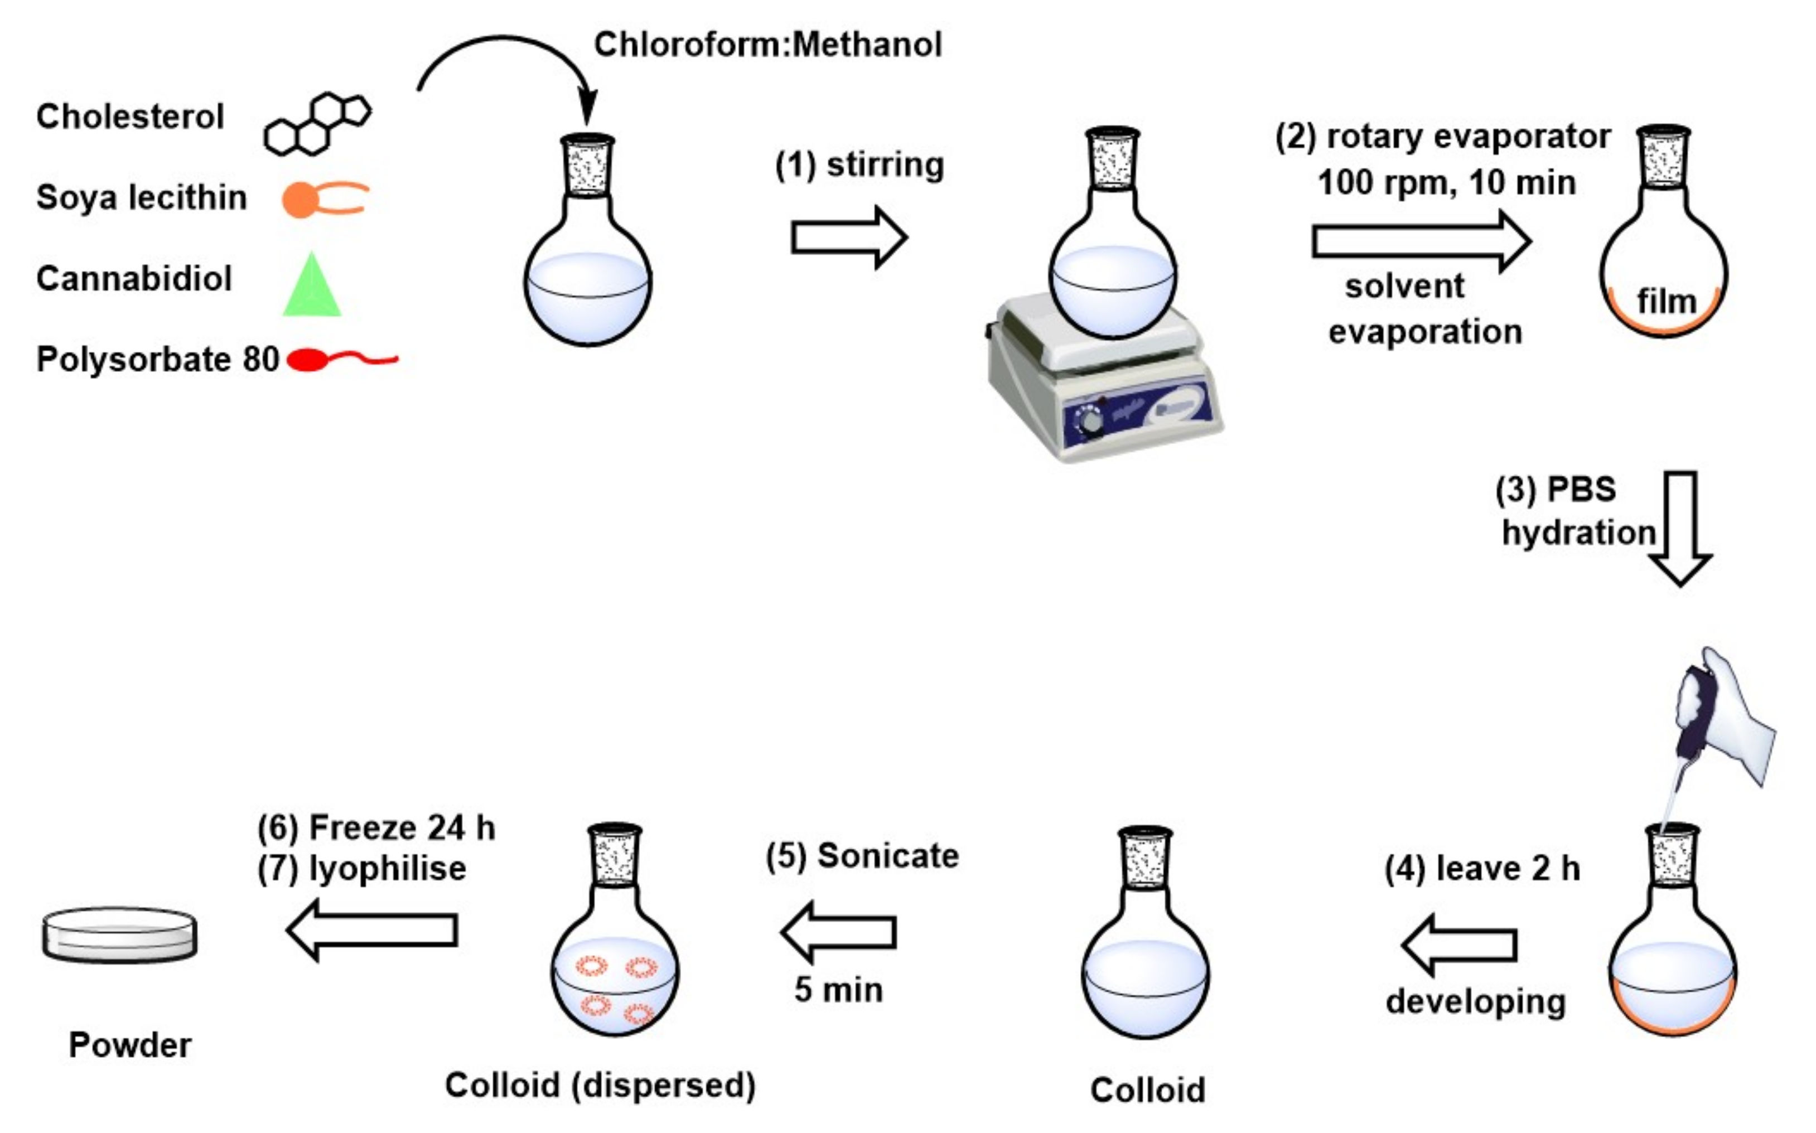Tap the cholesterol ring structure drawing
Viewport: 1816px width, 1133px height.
tap(317, 125)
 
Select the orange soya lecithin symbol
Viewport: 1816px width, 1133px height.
tap(322, 198)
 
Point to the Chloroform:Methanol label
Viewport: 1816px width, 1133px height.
tap(767, 45)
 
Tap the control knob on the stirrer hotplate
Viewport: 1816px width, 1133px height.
tap(1091, 422)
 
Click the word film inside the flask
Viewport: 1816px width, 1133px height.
tap(1666, 302)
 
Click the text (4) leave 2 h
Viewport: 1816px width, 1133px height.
tap(1482, 869)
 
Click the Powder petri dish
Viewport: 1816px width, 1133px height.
tap(120, 935)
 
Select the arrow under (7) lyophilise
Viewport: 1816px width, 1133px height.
tap(373, 930)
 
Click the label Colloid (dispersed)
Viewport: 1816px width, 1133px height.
tap(600, 1085)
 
